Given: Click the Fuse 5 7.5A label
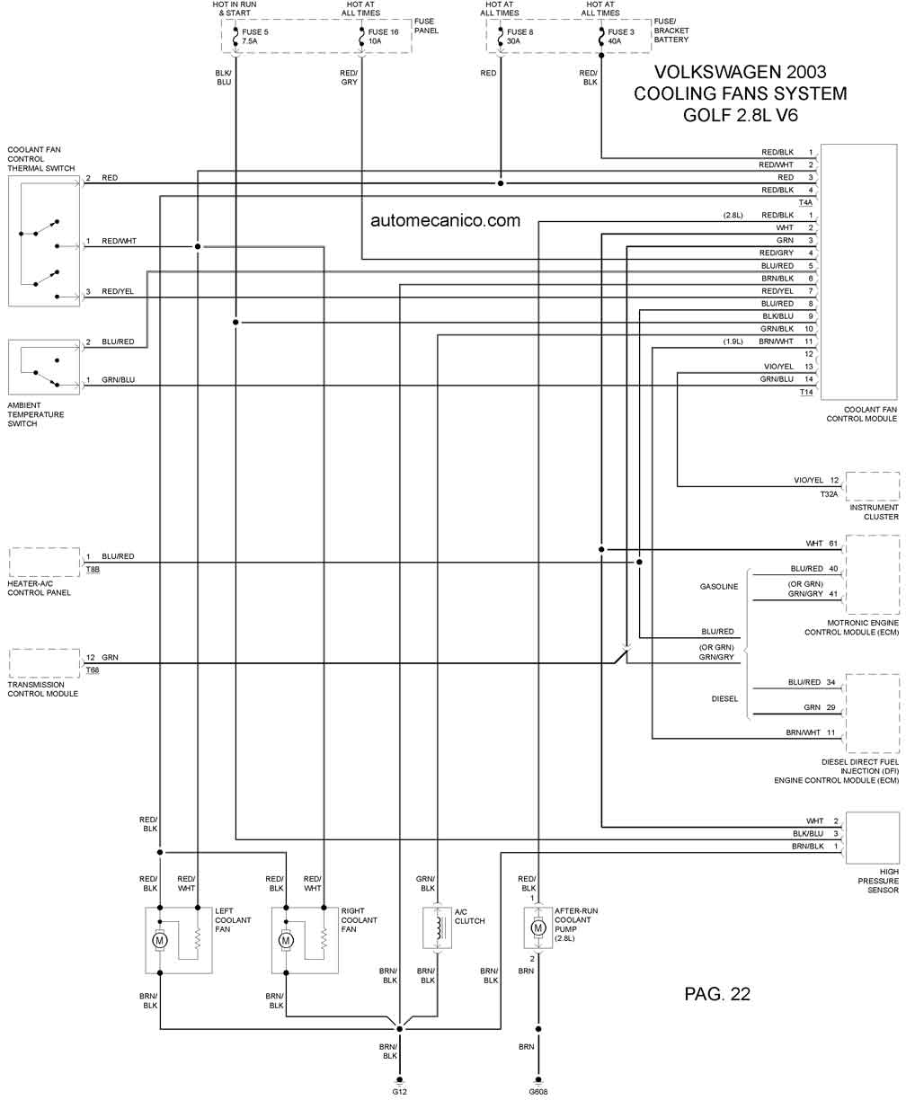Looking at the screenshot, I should click(x=254, y=37).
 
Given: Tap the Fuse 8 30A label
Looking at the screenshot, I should click(x=520, y=37).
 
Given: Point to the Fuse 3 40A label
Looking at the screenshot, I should click(x=620, y=37).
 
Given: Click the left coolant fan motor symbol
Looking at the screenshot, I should click(x=161, y=940).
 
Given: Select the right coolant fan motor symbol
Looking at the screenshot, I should click(x=287, y=940).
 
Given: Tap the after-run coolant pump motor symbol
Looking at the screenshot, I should click(x=538, y=927).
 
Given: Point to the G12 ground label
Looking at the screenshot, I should click(x=400, y=1092).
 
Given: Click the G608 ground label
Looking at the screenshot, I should click(x=538, y=1092).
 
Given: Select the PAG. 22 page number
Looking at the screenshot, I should click(x=716, y=994).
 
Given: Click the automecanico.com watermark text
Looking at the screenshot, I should click(x=445, y=220).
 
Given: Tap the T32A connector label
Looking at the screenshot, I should click(x=828, y=493).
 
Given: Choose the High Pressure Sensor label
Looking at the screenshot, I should click(x=876, y=881).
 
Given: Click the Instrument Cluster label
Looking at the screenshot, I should click(x=875, y=512).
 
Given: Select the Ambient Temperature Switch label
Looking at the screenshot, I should click(x=37, y=414).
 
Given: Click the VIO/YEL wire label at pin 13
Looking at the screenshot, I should click(x=777, y=367).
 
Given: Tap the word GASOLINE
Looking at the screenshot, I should click(x=719, y=587).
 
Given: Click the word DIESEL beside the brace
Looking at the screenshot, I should click(x=724, y=698).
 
